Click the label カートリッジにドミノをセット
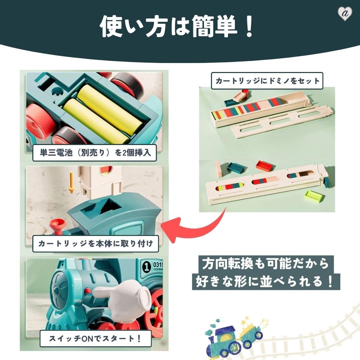267,81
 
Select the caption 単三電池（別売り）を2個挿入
95,153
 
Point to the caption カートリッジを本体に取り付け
95,243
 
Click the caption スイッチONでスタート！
95,339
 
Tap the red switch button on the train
88,291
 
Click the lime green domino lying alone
314,197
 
